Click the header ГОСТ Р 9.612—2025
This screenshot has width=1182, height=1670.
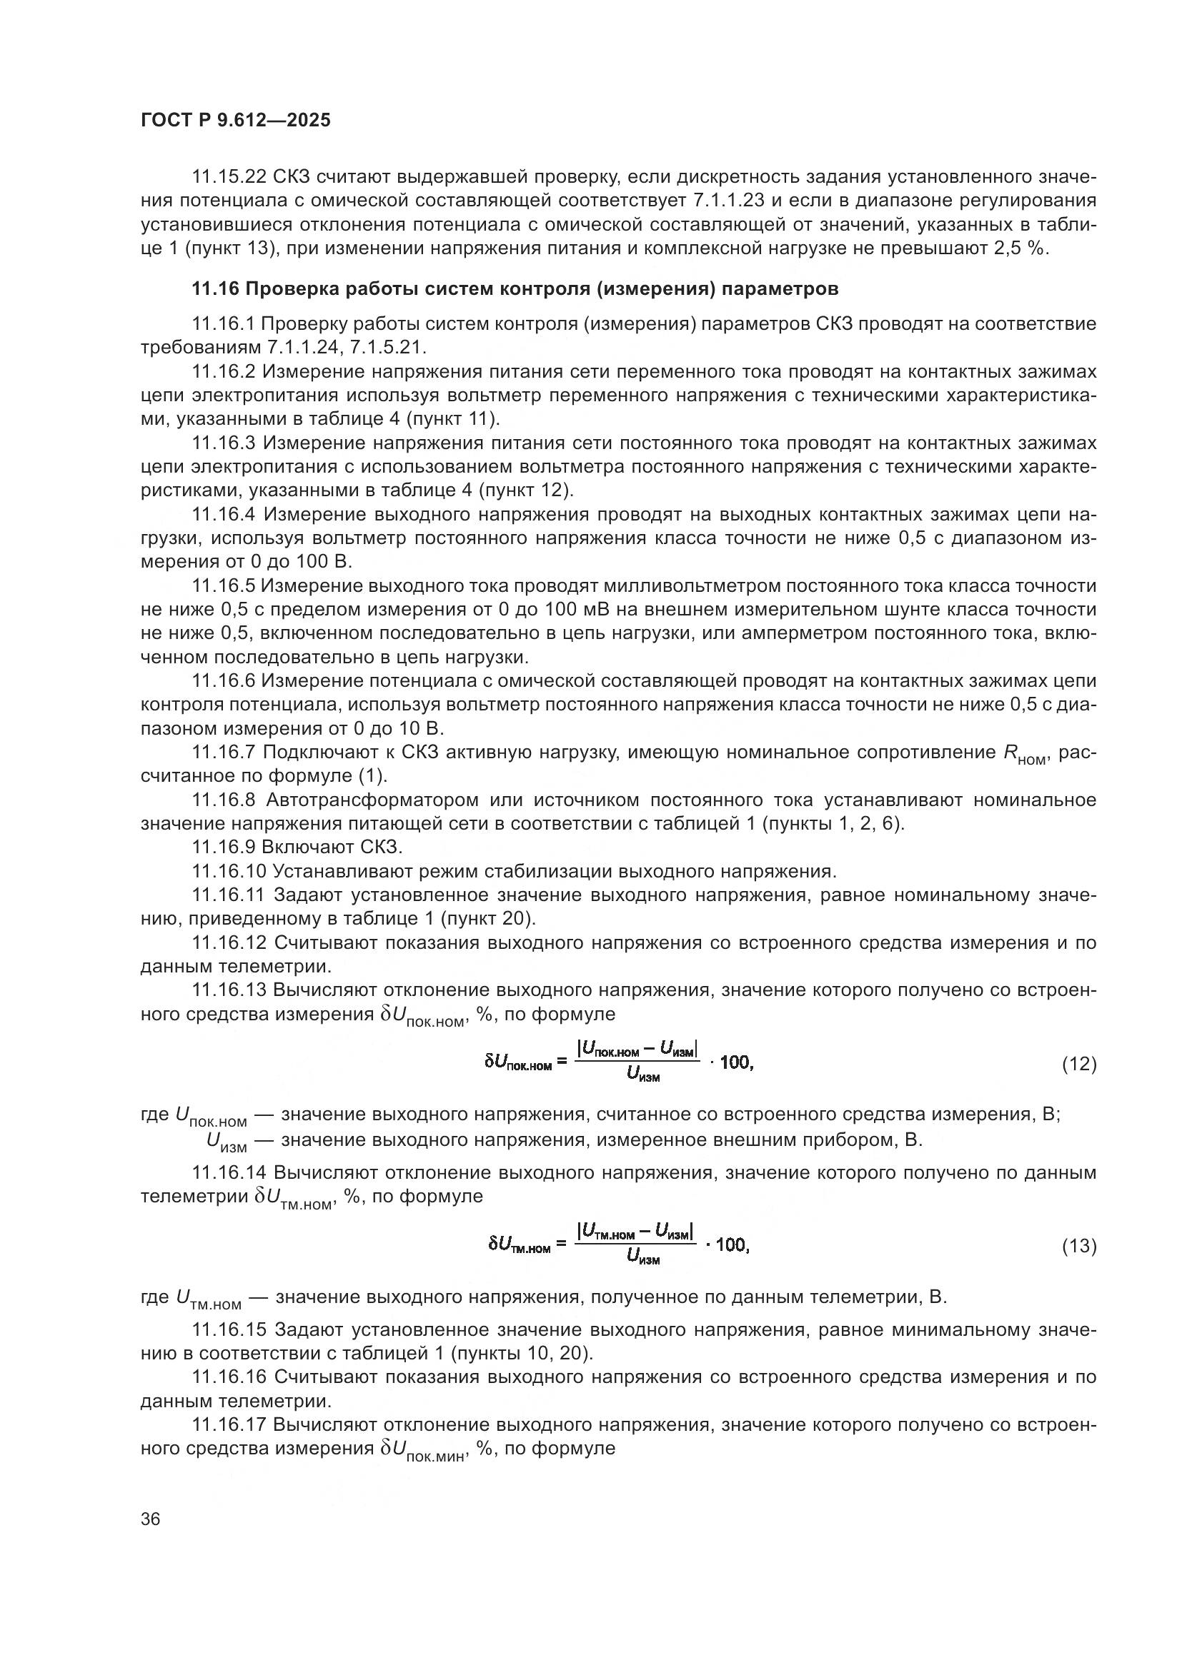(x=235, y=120)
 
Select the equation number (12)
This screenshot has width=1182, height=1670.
(x=1078, y=1065)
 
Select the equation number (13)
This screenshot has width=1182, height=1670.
(x=1078, y=1247)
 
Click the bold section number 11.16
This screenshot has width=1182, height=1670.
(x=214, y=289)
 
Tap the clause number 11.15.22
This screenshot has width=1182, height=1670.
(x=229, y=177)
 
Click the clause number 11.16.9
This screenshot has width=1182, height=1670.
(x=223, y=848)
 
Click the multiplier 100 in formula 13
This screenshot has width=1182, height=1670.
(x=731, y=1244)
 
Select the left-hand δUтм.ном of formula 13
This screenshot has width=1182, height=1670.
(x=519, y=1245)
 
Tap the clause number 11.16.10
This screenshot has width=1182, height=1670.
(x=229, y=871)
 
